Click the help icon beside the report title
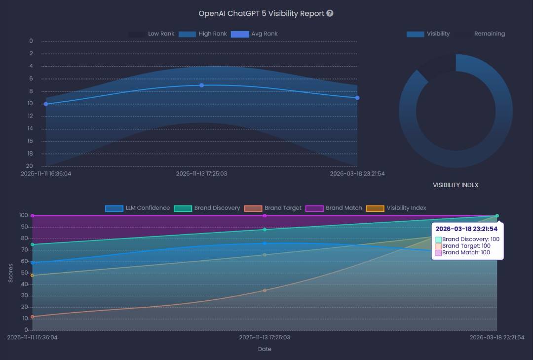pos(330,13)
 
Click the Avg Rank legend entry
pos(255,34)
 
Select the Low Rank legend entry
pos(152,34)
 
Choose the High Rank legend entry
pos(202,34)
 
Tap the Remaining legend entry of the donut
pos(480,34)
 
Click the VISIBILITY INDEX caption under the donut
pos(456,185)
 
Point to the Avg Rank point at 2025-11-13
pos(201,85)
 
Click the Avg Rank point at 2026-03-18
pos(357,98)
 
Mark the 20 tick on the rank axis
pos(30,166)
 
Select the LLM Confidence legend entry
pos(138,208)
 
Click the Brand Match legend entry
pos(334,208)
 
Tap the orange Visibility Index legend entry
pos(396,208)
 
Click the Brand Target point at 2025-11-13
pos(265,290)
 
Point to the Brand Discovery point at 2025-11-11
pos(33,244)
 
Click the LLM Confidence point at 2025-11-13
pos(265,243)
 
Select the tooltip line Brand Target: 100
pos(466,246)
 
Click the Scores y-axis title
pos(11,273)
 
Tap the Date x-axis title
pos(265,349)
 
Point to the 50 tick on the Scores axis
pos(23,273)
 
